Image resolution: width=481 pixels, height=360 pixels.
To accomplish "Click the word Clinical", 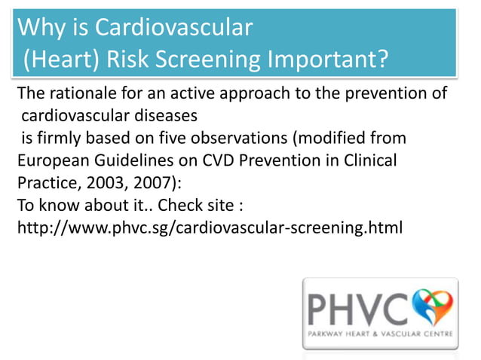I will point(369,161).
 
